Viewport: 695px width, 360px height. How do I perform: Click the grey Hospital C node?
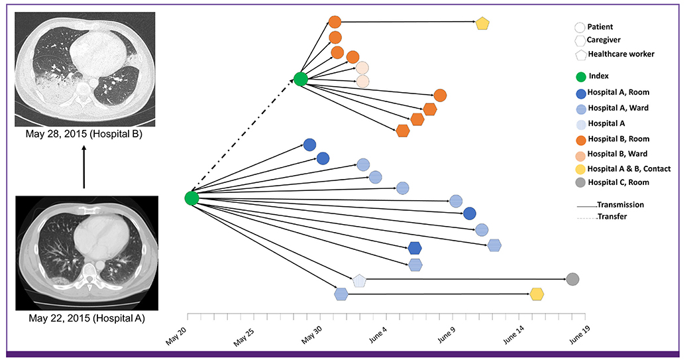573,279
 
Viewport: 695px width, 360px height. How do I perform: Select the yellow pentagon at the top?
482,23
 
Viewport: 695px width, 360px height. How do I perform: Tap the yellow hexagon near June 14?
537,294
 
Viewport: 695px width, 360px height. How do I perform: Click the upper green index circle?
300,79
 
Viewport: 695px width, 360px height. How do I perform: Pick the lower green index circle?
191,198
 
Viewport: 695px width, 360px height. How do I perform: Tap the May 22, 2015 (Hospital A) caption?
86,318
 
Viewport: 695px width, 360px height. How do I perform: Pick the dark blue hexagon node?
415,248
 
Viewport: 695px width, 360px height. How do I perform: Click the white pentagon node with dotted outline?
358,280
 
